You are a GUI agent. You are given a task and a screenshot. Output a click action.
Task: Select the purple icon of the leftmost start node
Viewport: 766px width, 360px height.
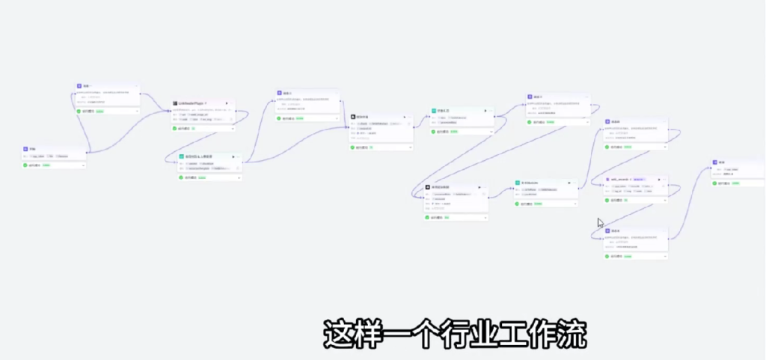click(x=25, y=150)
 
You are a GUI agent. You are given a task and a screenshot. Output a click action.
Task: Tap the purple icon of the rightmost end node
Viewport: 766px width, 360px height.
click(x=715, y=162)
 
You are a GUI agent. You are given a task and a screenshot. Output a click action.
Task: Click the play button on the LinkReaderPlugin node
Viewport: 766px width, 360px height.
click(x=206, y=103)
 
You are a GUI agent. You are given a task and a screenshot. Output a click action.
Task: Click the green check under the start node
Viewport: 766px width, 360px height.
click(x=25, y=165)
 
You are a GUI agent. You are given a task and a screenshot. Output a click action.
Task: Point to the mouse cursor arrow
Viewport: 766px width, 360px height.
click(x=599, y=222)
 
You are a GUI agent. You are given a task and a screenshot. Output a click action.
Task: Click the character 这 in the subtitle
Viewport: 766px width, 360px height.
click(x=337, y=335)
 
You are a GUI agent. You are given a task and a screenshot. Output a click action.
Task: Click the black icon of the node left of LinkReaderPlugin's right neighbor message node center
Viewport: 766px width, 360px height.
click(x=354, y=117)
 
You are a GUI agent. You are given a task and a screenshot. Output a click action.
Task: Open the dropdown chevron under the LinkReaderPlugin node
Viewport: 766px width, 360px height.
click(x=233, y=128)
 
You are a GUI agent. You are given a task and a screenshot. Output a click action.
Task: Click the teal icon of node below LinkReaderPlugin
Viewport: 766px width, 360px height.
click(x=181, y=156)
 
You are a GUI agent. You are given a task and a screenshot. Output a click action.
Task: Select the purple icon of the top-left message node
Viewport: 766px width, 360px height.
click(x=79, y=86)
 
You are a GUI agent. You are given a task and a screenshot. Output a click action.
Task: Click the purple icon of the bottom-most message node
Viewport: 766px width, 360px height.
click(x=608, y=231)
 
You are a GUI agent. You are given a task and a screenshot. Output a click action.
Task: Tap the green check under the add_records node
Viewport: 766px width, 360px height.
click(x=609, y=201)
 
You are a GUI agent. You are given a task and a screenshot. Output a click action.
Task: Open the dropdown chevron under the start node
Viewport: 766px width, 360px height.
click(x=83, y=165)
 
